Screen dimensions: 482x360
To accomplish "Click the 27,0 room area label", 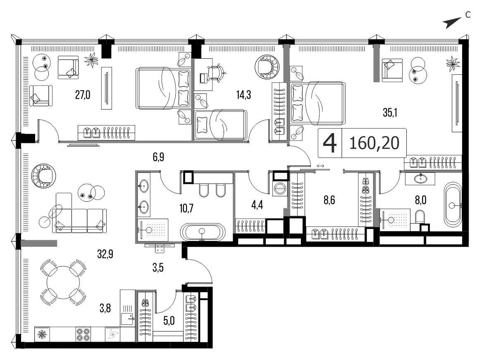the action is tap(83, 95).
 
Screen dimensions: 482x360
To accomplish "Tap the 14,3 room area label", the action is tap(243, 95).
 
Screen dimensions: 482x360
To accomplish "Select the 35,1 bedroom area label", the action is tap(390, 113).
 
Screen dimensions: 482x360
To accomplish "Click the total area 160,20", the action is tap(375, 143).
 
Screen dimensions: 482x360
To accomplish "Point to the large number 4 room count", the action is tap(330, 143).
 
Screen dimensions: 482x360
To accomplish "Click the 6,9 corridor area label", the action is tap(158, 157).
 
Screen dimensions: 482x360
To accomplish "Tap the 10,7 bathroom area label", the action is tap(186, 208).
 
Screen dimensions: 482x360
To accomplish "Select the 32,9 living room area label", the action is tap(105, 254).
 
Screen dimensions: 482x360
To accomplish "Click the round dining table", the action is tap(63, 283).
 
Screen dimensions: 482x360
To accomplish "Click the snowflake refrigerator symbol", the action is tap(41, 334).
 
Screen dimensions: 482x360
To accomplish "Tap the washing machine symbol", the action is tap(280, 188).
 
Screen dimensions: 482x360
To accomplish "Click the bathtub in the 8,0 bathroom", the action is tap(453, 205).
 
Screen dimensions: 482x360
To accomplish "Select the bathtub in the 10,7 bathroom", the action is tap(203, 231).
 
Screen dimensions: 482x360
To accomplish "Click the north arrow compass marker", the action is tap(452, 23).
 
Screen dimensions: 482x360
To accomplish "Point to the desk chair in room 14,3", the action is tap(217, 73).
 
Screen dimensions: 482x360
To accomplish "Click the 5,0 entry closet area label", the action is tap(169, 321).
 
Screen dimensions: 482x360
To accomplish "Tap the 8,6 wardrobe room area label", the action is tap(329, 200).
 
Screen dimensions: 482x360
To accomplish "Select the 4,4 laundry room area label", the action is tap(257, 205).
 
